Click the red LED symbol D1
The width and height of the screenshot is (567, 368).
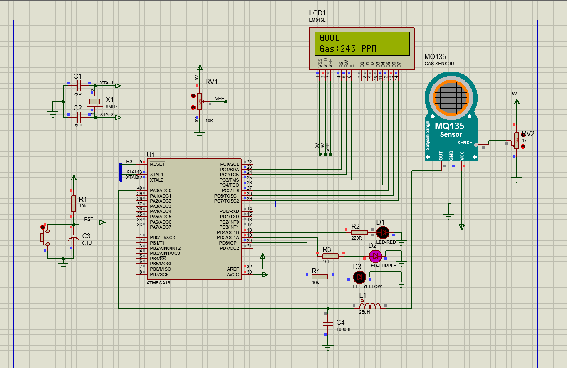point(382,232)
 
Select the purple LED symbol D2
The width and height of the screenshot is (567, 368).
point(375,256)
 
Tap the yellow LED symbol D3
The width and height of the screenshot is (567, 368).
point(359,277)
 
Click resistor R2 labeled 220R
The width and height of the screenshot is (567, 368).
point(359,232)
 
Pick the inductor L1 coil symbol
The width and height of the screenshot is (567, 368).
point(369,306)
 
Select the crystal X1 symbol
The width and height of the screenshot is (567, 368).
point(95,101)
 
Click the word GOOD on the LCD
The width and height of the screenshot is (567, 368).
point(329,38)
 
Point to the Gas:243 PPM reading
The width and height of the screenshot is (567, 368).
point(348,49)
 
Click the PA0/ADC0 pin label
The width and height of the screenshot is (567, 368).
point(161,190)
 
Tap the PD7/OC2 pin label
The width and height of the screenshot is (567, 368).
point(229,248)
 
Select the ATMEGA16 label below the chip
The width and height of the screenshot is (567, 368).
point(158,283)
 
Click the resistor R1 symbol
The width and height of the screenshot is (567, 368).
point(74,203)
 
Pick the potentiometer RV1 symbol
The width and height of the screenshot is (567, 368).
point(200,101)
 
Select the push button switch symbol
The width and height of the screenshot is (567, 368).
point(43,237)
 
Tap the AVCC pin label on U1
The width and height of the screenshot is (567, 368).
point(233,274)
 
